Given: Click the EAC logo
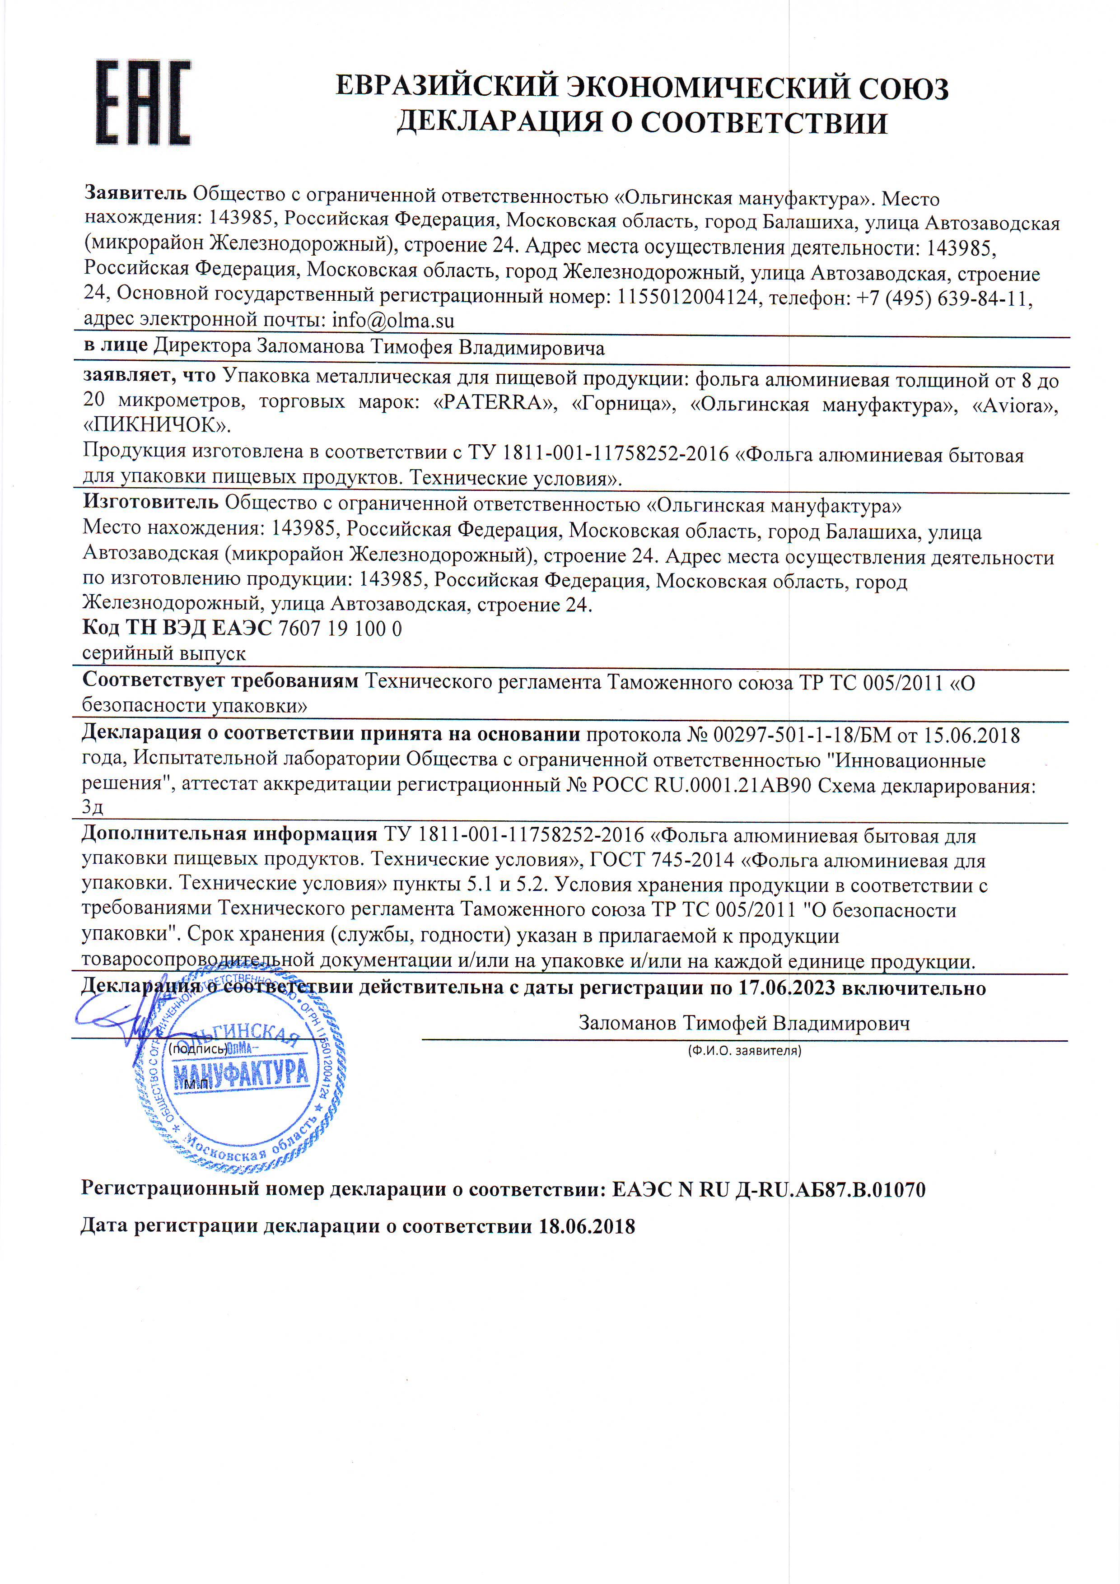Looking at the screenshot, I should point(142,103).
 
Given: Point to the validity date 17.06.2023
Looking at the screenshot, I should point(787,988).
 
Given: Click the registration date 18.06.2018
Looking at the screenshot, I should point(587,1227).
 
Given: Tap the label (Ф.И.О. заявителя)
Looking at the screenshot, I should point(744,1051).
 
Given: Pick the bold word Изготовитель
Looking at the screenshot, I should point(150,502).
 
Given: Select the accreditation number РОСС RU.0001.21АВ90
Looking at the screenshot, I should point(701,785).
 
